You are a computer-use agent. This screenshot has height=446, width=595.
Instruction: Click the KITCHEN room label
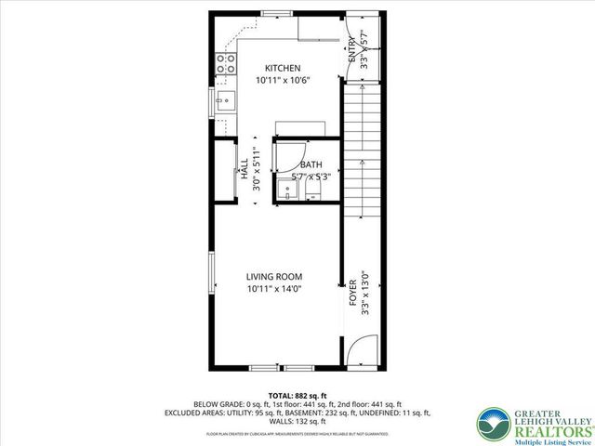pyautogui.click(x=283, y=68)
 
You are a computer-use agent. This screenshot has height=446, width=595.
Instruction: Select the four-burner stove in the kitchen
pyautogui.click(x=226, y=63)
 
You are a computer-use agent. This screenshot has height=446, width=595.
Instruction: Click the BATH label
pyautogui.click(x=311, y=165)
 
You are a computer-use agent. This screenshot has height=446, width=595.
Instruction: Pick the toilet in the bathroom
pyautogui.click(x=314, y=192)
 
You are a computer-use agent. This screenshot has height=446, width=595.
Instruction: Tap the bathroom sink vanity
pyautogui.click(x=288, y=190)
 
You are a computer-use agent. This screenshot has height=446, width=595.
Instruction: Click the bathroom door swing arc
pyautogui.click(x=290, y=152)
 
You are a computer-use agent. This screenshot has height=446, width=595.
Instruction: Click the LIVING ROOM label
pyautogui.click(x=274, y=277)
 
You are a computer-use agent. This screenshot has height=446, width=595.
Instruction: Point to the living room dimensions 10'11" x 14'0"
pyautogui.click(x=274, y=289)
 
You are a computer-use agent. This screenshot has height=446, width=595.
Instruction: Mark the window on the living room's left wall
pyautogui.click(x=212, y=279)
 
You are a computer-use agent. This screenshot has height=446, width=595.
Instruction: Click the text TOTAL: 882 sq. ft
pyautogui.click(x=300, y=396)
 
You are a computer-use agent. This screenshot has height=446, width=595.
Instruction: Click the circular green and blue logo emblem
pyautogui.click(x=492, y=423)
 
